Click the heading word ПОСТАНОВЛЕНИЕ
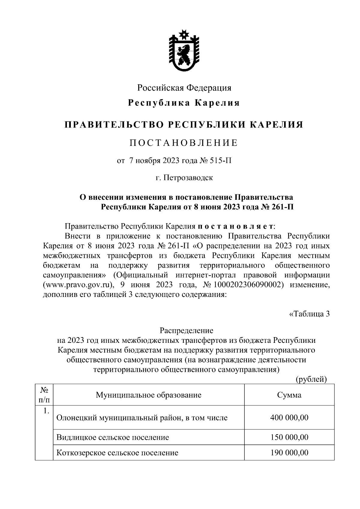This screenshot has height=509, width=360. [x=184, y=143]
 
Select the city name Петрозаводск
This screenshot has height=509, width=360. [x=188, y=178]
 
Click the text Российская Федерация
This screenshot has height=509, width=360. [x=184, y=88]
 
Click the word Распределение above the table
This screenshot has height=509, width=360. [x=186, y=331]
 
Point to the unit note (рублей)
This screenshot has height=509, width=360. [x=311, y=379]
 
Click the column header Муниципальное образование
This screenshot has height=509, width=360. [x=148, y=395]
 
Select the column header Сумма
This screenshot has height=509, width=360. [x=289, y=395]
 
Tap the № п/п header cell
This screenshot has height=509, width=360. [x=44, y=395]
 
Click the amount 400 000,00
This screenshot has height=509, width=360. [x=289, y=418]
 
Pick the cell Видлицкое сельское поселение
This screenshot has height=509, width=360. [x=112, y=437]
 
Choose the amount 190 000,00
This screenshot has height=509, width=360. [x=289, y=453]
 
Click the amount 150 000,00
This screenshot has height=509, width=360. [x=289, y=437]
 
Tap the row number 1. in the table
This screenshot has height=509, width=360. [x=46, y=411]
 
